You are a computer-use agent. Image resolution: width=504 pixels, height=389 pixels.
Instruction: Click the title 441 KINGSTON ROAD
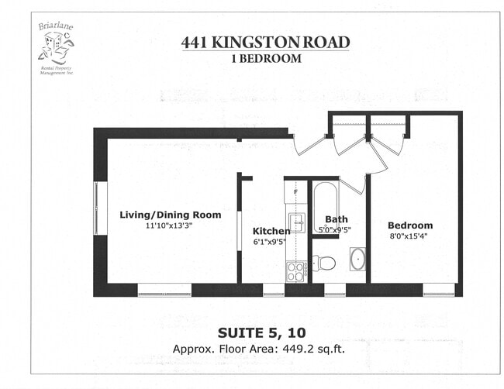(265, 43)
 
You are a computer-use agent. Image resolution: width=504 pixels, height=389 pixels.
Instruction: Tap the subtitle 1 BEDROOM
(265, 57)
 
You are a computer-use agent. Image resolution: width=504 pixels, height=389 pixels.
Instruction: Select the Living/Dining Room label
(170, 215)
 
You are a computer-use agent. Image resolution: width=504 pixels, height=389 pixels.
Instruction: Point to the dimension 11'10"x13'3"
(170, 225)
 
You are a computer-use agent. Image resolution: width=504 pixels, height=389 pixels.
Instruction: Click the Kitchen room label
(271, 231)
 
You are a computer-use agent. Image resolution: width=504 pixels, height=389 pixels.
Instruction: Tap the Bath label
(337, 219)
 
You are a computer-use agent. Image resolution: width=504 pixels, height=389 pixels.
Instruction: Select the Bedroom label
(411, 225)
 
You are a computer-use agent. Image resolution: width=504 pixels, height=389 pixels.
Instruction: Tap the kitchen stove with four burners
(295, 271)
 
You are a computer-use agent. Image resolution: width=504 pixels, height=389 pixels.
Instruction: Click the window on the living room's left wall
(96, 208)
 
